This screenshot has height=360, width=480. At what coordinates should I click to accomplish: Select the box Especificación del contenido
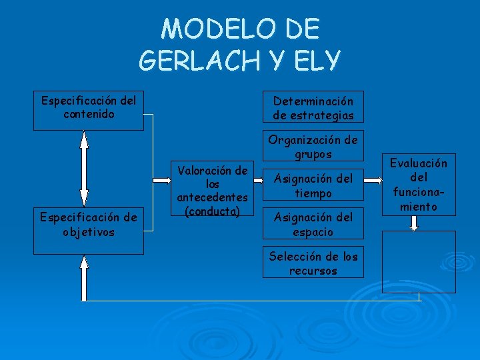[89, 110]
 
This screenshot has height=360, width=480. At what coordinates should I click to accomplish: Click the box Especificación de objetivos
[89, 225]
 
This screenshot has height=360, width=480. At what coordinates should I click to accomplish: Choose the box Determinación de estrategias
[313, 107]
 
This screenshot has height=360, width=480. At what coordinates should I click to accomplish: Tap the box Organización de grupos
[313, 146]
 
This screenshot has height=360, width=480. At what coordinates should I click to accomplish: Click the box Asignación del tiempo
[313, 185]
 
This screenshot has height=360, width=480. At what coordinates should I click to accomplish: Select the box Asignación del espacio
[313, 224]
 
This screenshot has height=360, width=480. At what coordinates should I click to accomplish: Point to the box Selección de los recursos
[313, 263]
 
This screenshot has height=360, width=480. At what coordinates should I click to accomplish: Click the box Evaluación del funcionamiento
[419, 185]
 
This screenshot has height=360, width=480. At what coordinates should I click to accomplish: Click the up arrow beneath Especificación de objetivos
[84, 279]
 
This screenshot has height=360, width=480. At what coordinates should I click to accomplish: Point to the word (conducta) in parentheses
[212, 211]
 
